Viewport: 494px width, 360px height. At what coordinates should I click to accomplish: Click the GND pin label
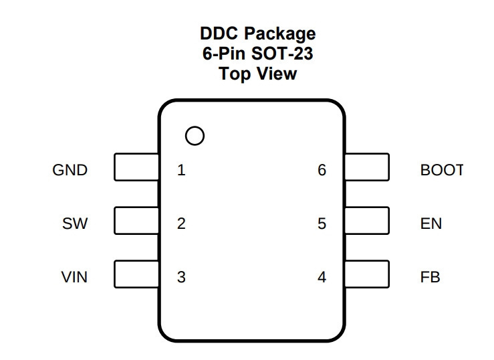[70, 170]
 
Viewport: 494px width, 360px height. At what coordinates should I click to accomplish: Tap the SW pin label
[75, 223]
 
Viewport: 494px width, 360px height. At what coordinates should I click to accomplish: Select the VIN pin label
[74, 278]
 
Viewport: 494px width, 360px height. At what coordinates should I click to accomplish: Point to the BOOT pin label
[442, 170]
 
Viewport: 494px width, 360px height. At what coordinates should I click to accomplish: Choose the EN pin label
[431, 223]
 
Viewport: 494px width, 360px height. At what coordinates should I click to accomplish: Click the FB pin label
[430, 278]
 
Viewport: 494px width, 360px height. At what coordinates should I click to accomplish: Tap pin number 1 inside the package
[181, 170]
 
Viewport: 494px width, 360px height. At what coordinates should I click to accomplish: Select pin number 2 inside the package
[181, 223]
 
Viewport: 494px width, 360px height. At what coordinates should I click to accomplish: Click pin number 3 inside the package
[181, 278]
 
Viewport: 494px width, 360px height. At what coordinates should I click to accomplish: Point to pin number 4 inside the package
[322, 278]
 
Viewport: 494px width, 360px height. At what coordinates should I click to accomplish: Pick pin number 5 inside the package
[322, 223]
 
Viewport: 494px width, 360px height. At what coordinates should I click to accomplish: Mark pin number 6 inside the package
[322, 170]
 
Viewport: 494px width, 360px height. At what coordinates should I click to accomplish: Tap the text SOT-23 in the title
[282, 54]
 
